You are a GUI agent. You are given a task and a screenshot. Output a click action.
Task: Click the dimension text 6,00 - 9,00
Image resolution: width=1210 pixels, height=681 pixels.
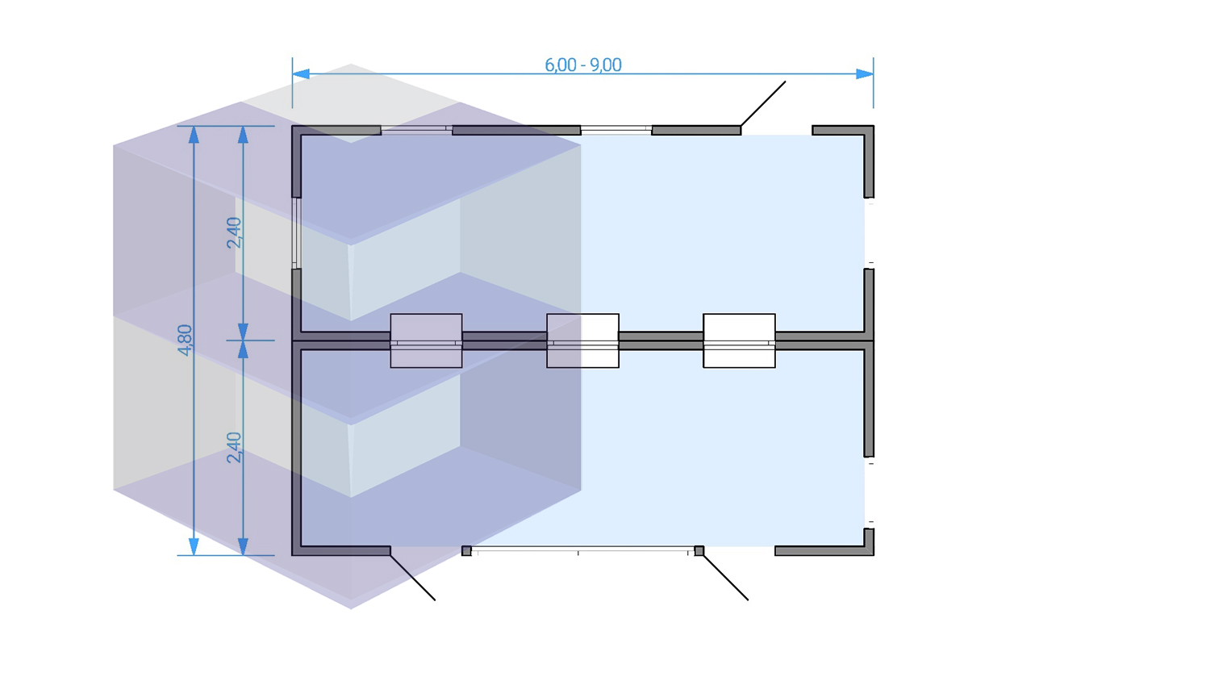pyautogui.click(x=583, y=65)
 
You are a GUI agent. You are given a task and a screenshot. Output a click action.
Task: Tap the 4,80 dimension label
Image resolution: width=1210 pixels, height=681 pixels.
pyautogui.click(x=185, y=340)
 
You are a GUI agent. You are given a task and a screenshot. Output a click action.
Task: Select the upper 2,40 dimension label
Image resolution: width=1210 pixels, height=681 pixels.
pyautogui.click(x=234, y=232)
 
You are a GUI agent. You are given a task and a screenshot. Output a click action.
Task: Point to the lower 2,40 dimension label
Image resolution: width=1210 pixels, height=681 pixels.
pyautogui.click(x=234, y=447)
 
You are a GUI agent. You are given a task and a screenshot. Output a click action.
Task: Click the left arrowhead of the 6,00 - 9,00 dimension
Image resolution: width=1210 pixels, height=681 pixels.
pyautogui.click(x=301, y=73)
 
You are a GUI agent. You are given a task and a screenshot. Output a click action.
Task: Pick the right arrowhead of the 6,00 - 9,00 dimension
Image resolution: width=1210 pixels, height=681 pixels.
pyautogui.click(x=865, y=73)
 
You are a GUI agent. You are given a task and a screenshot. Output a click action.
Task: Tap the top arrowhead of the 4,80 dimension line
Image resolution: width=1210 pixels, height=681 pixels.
pyautogui.click(x=194, y=135)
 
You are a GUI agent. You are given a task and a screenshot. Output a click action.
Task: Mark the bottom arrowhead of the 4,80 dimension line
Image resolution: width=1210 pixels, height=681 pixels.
pyautogui.click(x=194, y=546)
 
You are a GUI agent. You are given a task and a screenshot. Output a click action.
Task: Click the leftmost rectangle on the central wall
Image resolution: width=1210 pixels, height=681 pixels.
pyautogui.click(x=426, y=341)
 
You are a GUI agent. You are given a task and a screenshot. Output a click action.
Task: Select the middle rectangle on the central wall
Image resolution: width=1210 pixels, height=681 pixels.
pyautogui.click(x=583, y=341)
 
